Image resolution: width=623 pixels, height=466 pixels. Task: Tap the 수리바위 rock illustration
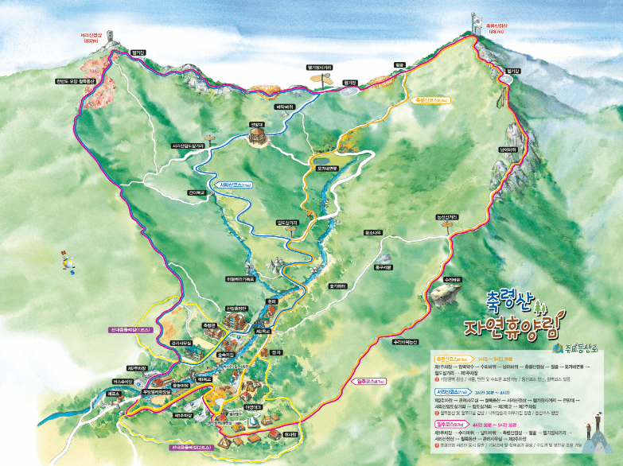[444, 296]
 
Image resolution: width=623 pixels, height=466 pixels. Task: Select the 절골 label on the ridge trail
[399, 66]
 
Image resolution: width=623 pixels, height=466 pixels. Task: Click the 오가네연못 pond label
[328, 168]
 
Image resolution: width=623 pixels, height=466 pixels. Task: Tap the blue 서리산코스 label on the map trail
[230, 184]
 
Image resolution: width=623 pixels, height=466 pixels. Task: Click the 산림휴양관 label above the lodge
[237, 308]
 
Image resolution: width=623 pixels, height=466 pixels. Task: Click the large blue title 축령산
[509, 301]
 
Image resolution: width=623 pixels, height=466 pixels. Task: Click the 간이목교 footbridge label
[196, 192]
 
